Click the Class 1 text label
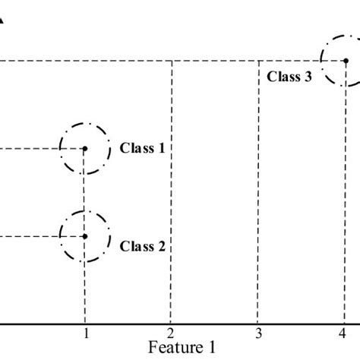(142, 149)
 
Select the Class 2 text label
(142, 246)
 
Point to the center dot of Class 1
(84, 149)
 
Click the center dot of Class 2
(84, 236)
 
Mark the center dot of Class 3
(346, 61)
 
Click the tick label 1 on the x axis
(86, 333)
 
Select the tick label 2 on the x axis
(172, 333)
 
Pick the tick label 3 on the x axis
(258, 333)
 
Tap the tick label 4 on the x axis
(343, 333)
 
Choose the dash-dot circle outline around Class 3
(321, 61)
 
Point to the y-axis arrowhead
(2, 24)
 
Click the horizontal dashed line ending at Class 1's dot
(34, 149)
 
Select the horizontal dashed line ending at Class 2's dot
(34, 236)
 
